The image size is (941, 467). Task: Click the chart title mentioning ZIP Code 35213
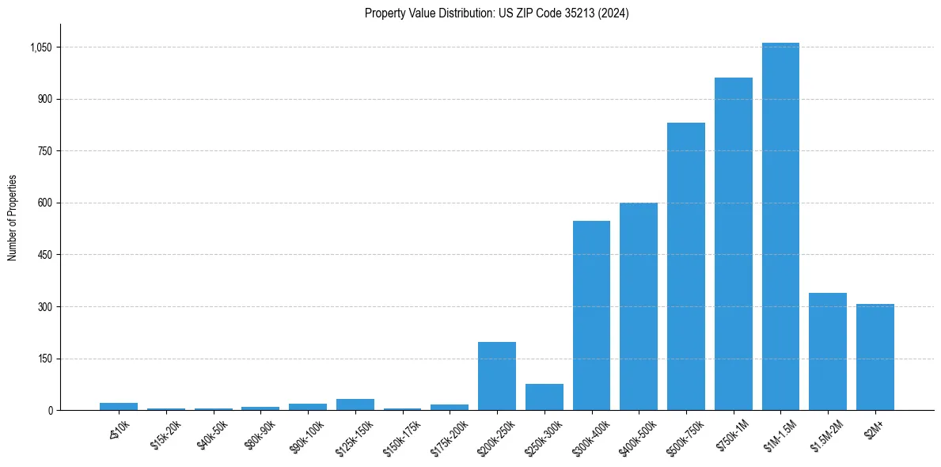click(x=496, y=13)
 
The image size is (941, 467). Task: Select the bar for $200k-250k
click(x=497, y=376)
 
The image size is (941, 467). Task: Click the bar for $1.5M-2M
click(x=828, y=351)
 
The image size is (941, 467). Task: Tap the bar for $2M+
click(x=875, y=357)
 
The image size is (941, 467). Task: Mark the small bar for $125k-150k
click(x=355, y=404)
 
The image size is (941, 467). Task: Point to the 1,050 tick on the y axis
click(x=40, y=47)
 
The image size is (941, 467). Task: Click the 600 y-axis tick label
click(x=44, y=203)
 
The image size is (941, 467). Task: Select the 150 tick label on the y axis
click(x=44, y=359)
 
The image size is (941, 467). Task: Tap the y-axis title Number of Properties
click(x=13, y=218)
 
